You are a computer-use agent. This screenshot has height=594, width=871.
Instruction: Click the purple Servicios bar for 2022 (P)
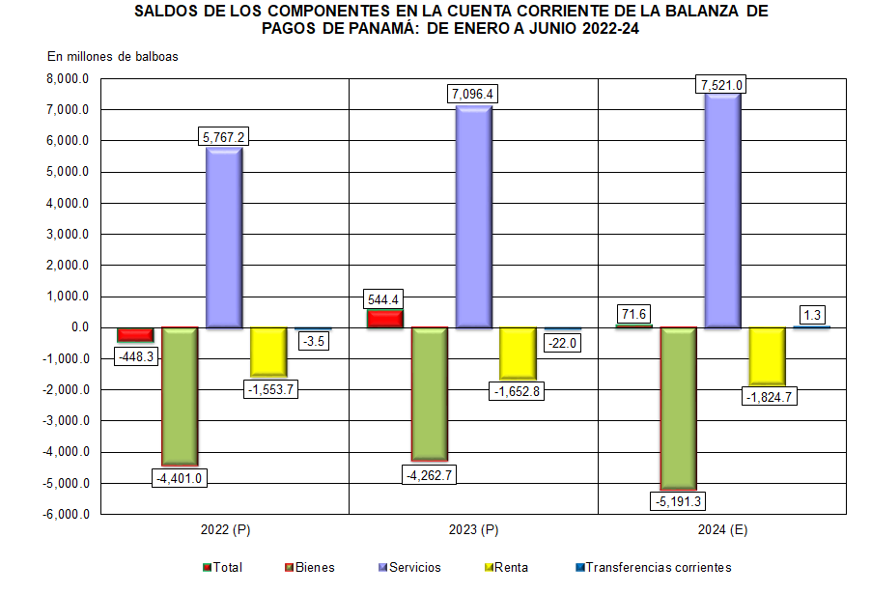click(224, 237)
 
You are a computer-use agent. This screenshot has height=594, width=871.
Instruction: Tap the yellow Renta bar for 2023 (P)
click(518, 352)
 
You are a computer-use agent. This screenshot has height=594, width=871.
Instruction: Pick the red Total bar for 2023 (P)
click(384, 318)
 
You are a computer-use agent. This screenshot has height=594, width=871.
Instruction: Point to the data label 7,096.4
click(473, 94)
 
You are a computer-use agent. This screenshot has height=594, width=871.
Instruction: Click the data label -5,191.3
click(679, 501)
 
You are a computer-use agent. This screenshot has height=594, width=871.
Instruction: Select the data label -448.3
click(135, 355)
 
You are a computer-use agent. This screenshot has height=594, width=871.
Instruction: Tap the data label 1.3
click(812, 314)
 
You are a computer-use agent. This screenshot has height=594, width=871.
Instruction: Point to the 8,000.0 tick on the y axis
click(67, 79)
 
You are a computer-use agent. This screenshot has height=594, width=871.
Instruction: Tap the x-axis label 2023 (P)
click(474, 530)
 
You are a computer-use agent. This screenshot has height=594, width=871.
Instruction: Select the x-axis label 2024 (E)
click(723, 530)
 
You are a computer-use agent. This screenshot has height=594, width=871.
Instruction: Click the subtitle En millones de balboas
click(113, 56)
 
